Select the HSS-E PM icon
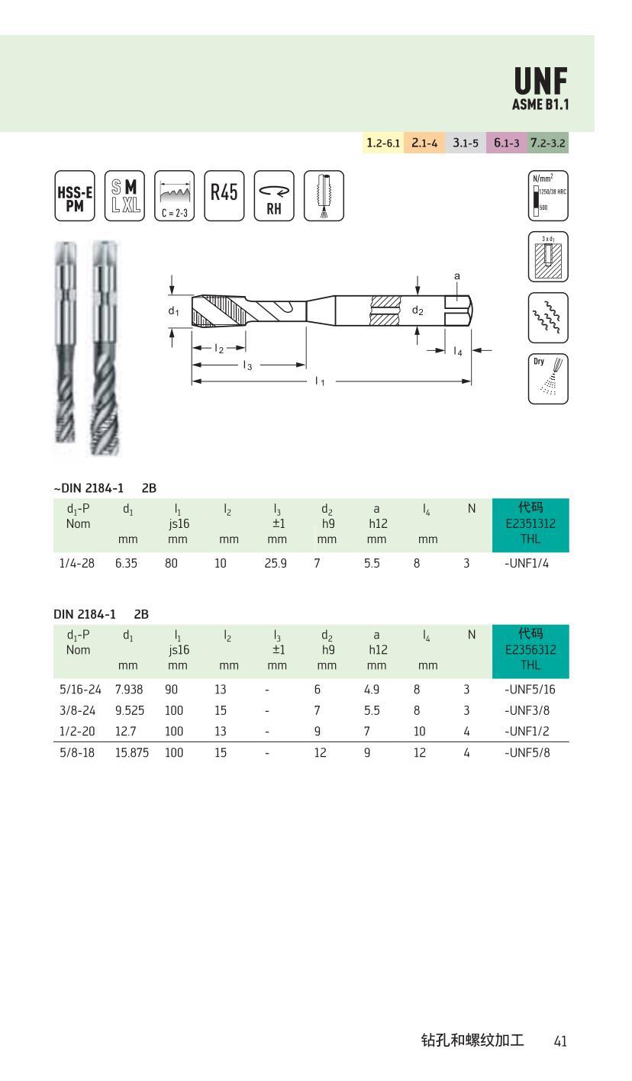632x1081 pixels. click(75, 196)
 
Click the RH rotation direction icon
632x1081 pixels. click(274, 196)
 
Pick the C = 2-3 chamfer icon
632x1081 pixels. click(174, 196)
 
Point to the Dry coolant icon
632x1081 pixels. click(548, 378)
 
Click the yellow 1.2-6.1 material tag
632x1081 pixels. click(382, 143)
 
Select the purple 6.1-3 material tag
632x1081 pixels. click(506, 143)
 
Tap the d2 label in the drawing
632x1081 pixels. click(418, 310)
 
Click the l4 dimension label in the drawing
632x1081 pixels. click(457, 351)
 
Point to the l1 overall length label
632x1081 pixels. click(320, 381)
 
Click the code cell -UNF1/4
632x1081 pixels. click(526, 565)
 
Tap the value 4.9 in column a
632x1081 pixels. click(372, 690)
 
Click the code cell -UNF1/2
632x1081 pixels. click(527, 732)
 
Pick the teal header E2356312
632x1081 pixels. click(530, 649)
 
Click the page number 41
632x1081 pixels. click(560, 1041)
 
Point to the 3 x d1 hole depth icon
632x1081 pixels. click(548, 257)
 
